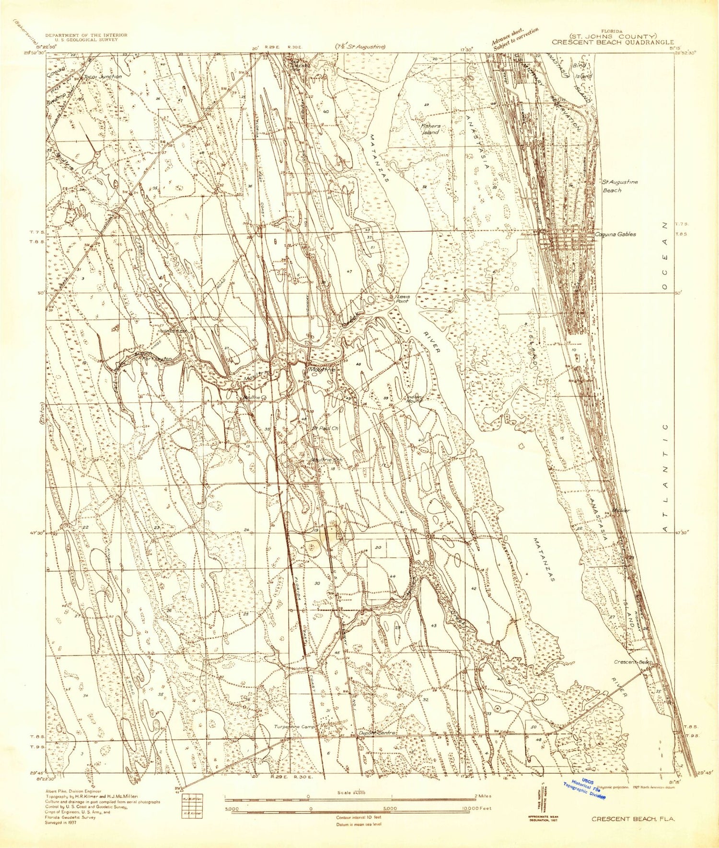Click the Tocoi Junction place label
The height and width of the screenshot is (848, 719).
pos(103,77)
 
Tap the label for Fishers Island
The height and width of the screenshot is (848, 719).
pos(430,129)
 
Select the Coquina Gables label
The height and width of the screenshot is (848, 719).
pos(615,234)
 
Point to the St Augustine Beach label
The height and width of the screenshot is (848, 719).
pos(619,186)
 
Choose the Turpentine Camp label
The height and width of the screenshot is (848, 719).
pos(295,726)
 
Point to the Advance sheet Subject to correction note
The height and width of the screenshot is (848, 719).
pos(514,37)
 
